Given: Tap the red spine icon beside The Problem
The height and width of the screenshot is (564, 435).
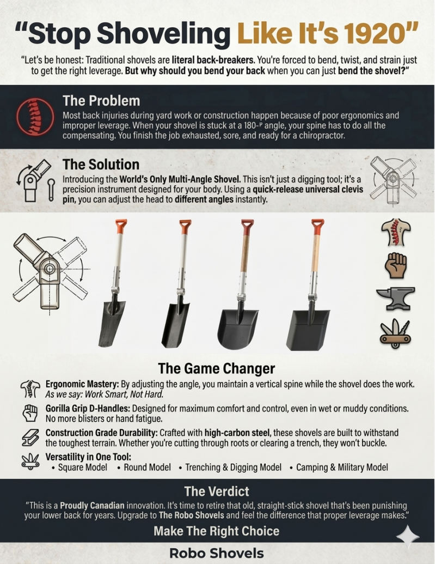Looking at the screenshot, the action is [x=35, y=117].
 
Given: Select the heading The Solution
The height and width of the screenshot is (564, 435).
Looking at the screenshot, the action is [x=101, y=165].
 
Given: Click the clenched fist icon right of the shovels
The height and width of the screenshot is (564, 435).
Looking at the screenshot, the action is [x=395, y=265].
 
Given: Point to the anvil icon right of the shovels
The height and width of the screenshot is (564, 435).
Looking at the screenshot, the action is [x=395, y=298].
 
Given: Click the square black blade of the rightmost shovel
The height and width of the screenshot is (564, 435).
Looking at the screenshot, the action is [x=308, y=329].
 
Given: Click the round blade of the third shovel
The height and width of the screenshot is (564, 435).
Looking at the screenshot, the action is [x=237, y=329].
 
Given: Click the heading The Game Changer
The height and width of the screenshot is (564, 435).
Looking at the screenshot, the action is [x=217, y=368].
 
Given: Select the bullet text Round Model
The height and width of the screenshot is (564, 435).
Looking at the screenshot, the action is [x=147, y=467].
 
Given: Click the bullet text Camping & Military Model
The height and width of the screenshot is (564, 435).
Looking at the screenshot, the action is [x=342, y=467].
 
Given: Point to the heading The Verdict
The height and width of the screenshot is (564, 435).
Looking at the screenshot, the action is [x=217, y=492].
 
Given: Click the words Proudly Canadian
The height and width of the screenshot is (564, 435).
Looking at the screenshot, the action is [x=92, y=505].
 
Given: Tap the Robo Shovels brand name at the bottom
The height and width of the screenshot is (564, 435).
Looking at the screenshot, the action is [x=217, y=553].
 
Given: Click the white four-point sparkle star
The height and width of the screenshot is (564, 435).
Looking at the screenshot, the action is [x=408, y=536].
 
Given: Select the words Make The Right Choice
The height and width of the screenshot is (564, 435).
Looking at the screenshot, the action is [x=217, y=531].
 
